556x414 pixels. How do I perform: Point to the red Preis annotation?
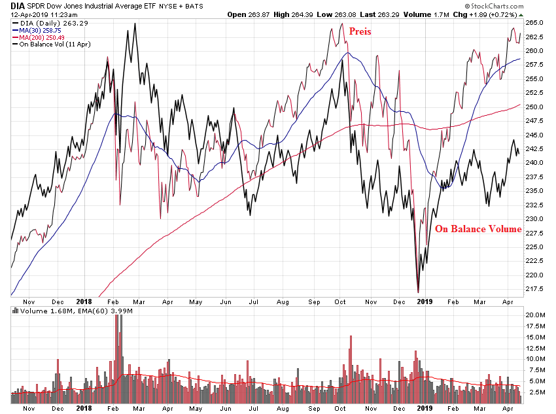(x=360, y=31)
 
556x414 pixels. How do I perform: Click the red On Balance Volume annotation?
(x=478, y=229)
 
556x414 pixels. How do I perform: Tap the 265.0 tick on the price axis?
(x=534, y=23)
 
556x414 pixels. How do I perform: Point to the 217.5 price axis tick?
(x=534, y=289)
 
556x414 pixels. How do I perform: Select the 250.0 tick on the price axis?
(x=534, y=107)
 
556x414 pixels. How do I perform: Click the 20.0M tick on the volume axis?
(x=535, y=315)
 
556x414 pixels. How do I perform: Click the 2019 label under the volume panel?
(x=426, y=409)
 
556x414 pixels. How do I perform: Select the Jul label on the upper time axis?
(x=253, y=302)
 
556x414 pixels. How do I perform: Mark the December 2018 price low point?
(x=417, y=292)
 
